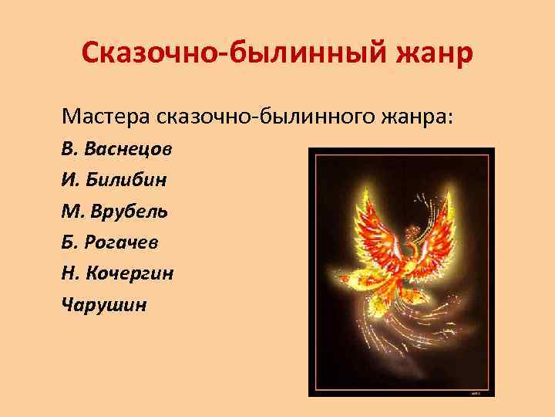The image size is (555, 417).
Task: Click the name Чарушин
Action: point(103,303)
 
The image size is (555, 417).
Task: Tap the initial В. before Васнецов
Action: point(70,149)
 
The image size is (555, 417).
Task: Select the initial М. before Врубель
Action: point(72,211)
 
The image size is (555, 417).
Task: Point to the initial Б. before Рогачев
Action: point(69,242)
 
